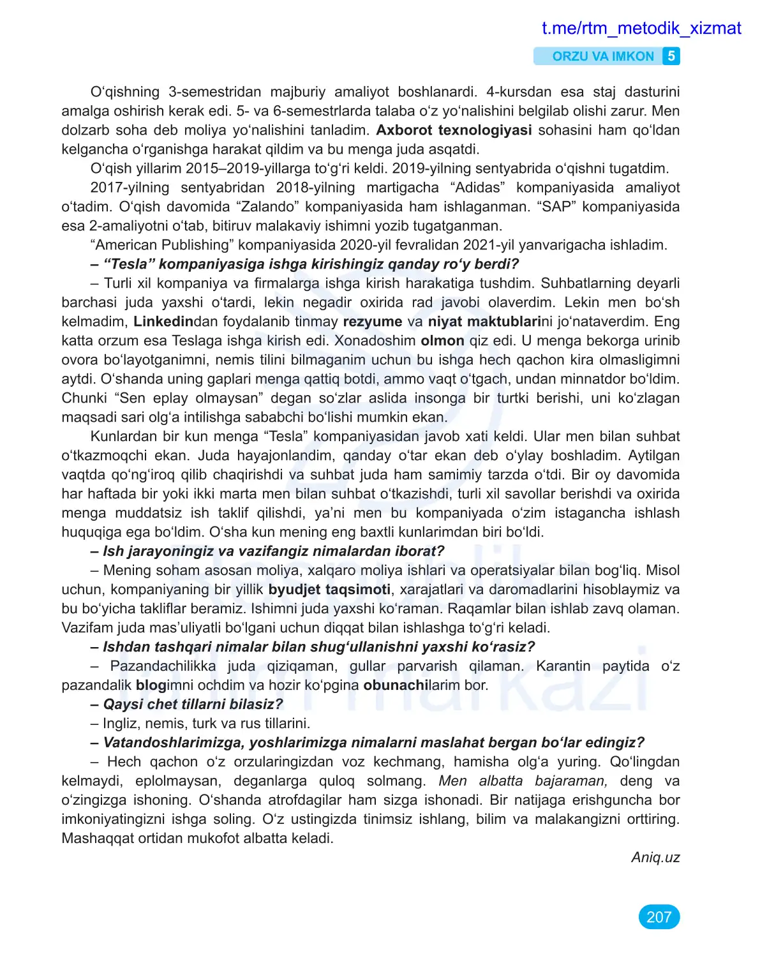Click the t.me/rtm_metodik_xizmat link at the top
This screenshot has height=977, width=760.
click(x=641, y=28)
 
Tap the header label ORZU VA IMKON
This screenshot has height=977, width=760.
click(x=602, y=56)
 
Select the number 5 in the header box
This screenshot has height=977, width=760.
click(x=671, y=56)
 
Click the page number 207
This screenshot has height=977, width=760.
click(x=659, y=917)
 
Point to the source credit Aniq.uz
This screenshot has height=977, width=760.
click(x=655, y=857)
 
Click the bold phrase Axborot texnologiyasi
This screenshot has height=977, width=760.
click(x=453, y=130)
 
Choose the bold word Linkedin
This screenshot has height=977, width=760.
click(x=163, y=322)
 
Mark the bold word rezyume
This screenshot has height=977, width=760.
click(x=372, y=322)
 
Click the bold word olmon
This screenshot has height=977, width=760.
click(x=442, y=341)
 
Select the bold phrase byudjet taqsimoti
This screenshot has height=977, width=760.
click(x=329, y=590)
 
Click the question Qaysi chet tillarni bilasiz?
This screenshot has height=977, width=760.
click(x=193, y=705)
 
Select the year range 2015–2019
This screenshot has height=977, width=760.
click(x=228, y=168)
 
